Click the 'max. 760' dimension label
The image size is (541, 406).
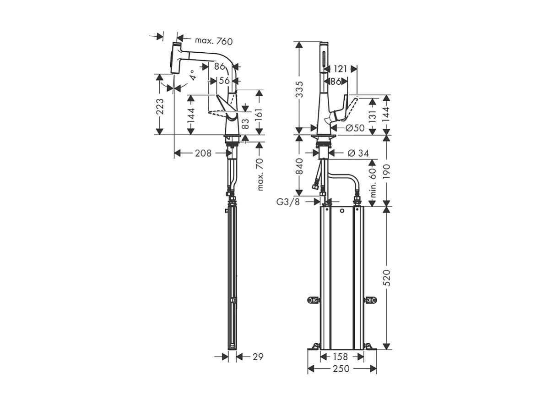coord(214,41)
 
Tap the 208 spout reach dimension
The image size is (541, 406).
coord(203,153)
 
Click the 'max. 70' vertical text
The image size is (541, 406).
coord(260,175)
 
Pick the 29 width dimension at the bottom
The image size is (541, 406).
coord(258,357)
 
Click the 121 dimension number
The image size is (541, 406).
coord(340,69)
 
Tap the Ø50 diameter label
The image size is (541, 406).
coord(355,128)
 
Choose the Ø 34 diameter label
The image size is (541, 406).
coord(358,153)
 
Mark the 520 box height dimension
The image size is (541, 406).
coord(387,278)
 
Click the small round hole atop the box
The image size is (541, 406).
coord(341,211)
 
